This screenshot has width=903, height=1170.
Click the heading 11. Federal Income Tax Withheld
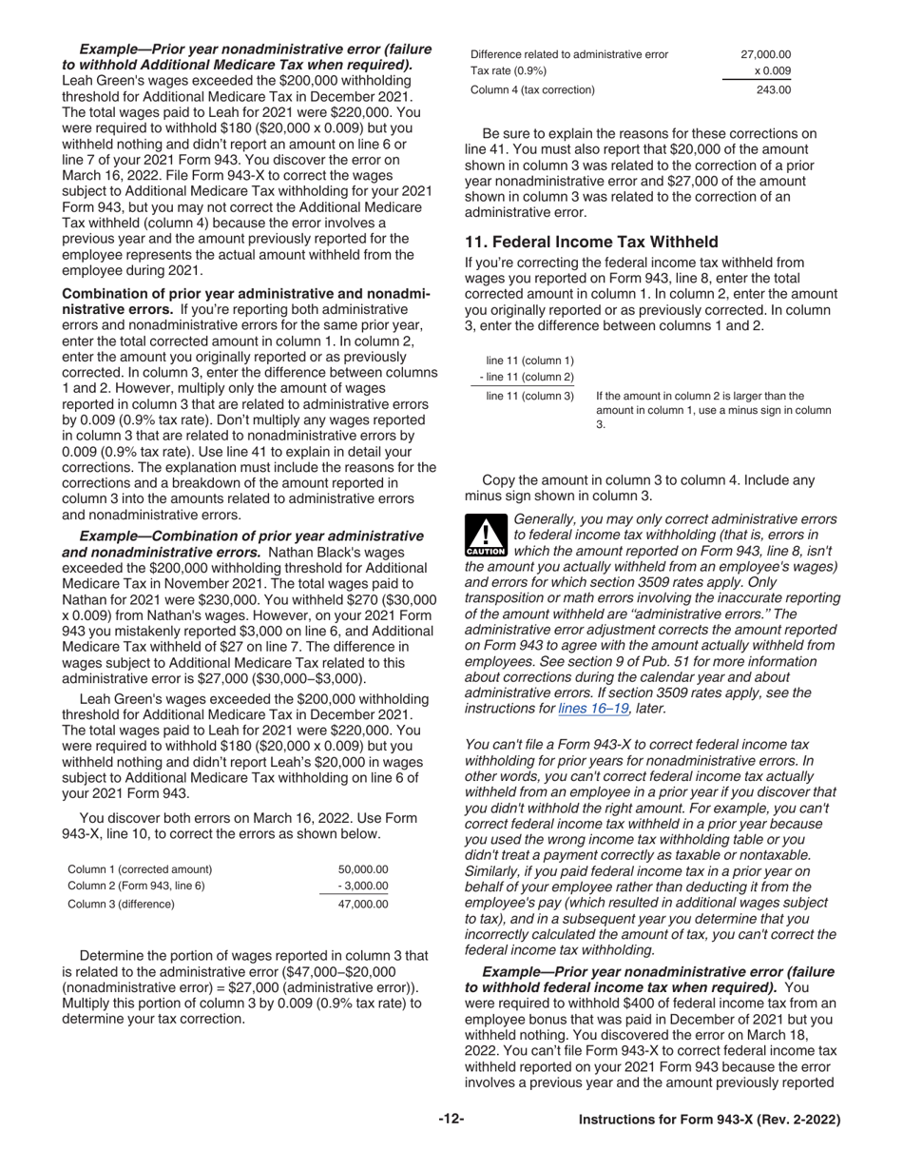(591, 242)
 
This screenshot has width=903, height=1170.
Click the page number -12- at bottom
(451, 1120)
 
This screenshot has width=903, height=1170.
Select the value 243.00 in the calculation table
(773, 90)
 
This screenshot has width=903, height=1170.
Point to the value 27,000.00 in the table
(765, 54)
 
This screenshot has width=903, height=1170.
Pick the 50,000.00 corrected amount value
(363, 869)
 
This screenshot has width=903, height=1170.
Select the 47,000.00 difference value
(363, 905)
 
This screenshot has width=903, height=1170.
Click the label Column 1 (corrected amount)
(140, 869)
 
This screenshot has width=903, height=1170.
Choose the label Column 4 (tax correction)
(532, 90)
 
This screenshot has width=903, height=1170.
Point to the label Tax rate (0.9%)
(509, 71)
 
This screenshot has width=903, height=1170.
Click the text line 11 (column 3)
(529, 396)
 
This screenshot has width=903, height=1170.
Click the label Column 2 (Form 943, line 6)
(136, 887)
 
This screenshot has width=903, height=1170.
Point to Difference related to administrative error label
(568, 54)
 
